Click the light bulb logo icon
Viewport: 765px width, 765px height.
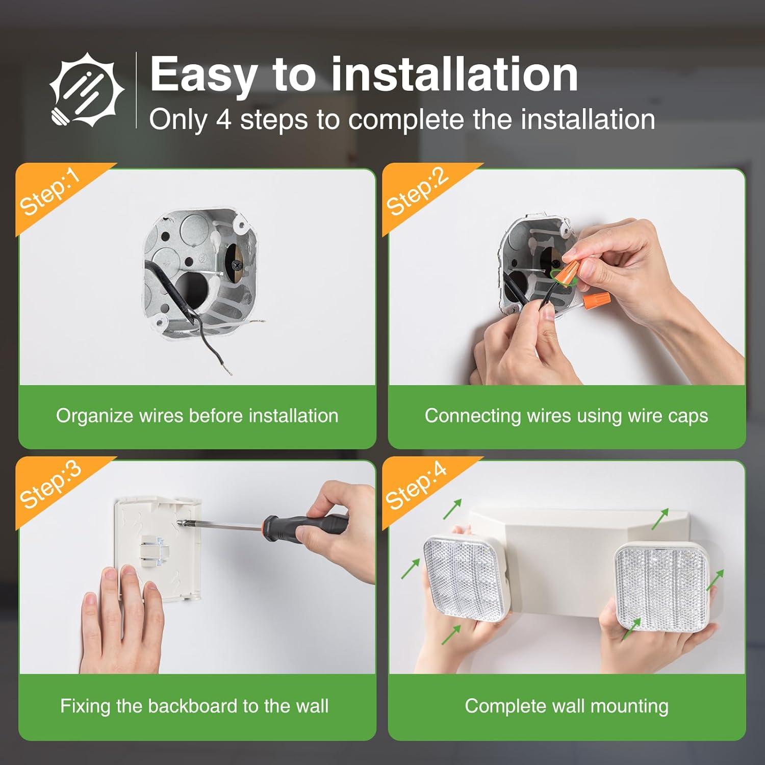tap(86, 91)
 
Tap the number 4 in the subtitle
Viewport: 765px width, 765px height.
tap(223, 120)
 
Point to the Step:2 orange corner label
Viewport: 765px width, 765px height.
tap(417, 192)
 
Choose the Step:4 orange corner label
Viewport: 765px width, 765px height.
tap(416, 486)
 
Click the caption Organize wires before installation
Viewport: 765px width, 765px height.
tap(197, 416)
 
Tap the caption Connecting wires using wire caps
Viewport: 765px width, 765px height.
tap(566, 416)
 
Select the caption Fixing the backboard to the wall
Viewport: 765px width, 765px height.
tap(194, 706)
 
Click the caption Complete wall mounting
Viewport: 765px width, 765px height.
tap(566, 706)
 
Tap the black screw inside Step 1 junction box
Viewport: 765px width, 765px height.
tap(236, 265)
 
